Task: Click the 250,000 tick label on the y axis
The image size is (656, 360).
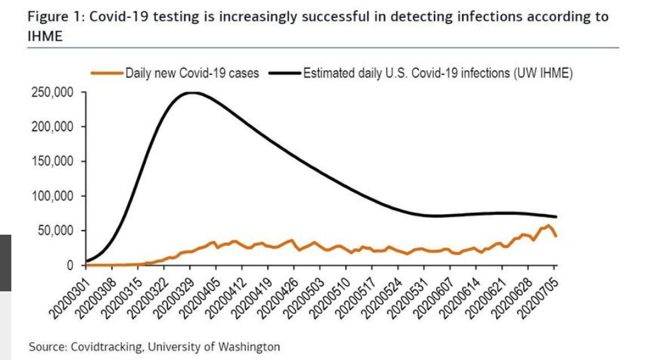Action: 53,92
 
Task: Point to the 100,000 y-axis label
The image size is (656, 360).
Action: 53,196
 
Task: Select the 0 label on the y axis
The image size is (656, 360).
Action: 70,265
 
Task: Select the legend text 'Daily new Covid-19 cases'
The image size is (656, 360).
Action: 192,73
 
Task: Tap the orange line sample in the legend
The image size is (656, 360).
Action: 107,73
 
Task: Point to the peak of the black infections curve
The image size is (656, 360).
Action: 191,93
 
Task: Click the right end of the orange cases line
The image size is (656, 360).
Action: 556,236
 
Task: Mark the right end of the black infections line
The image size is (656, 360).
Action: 556,217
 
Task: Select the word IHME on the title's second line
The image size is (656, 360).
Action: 45,37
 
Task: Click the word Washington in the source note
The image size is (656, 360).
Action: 249,347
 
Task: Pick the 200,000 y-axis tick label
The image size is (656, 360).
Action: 53,127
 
